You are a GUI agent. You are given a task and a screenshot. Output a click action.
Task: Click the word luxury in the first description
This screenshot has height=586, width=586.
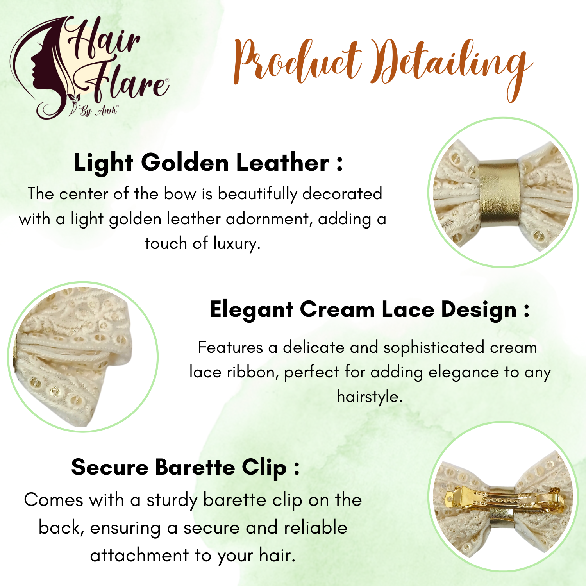[237, 244]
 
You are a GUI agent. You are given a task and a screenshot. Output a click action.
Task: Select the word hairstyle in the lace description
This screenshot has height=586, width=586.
[370, 397]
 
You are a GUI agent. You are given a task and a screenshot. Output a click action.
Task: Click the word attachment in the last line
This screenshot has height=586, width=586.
[139, 556]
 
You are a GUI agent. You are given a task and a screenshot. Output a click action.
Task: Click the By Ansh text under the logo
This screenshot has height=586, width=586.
[98, 111]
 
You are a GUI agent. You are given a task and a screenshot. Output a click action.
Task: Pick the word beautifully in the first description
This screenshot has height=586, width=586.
[257, 194]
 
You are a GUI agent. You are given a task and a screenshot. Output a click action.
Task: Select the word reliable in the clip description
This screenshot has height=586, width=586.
[316, 528]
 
